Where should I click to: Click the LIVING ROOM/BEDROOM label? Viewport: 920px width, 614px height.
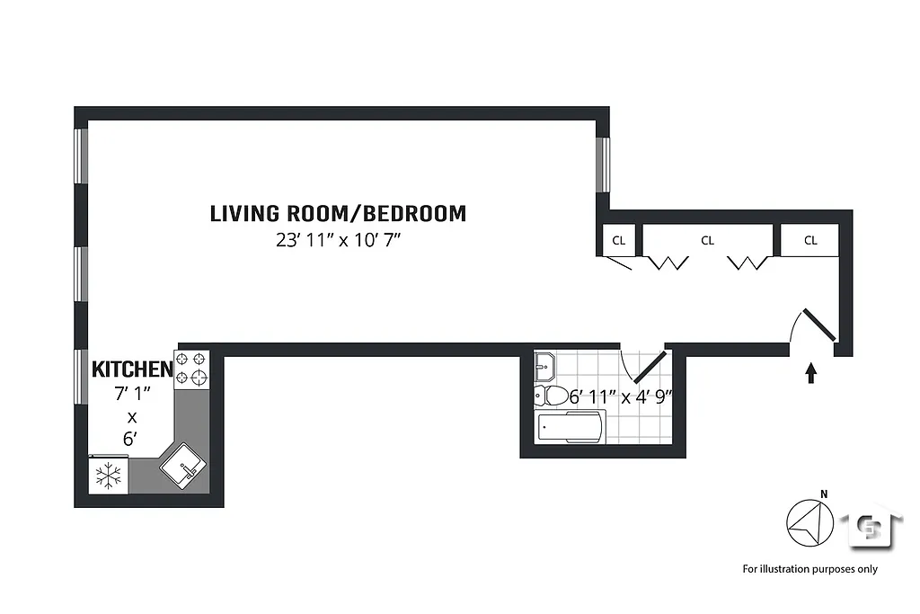[338, 214]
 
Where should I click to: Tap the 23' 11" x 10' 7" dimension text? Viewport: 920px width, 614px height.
[338, 241]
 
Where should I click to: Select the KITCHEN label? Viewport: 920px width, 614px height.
[132, 369]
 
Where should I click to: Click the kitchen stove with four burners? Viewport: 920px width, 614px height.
[191, 369]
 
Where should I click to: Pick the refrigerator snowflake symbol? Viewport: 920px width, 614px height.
[108, 476]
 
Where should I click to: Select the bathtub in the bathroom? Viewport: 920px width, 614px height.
[571, 426]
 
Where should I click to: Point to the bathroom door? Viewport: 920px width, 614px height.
[650, 366]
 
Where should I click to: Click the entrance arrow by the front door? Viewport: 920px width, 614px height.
[811, 372]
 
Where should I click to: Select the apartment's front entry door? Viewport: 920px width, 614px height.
[818, 325]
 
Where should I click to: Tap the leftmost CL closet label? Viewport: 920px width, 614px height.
[618, 240]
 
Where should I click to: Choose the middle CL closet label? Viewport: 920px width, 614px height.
[707, 240]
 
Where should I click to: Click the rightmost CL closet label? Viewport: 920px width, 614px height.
[810, 240]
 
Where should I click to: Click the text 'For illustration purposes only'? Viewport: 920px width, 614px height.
[809, 568]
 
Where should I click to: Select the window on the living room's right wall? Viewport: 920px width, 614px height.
[604, 165]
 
